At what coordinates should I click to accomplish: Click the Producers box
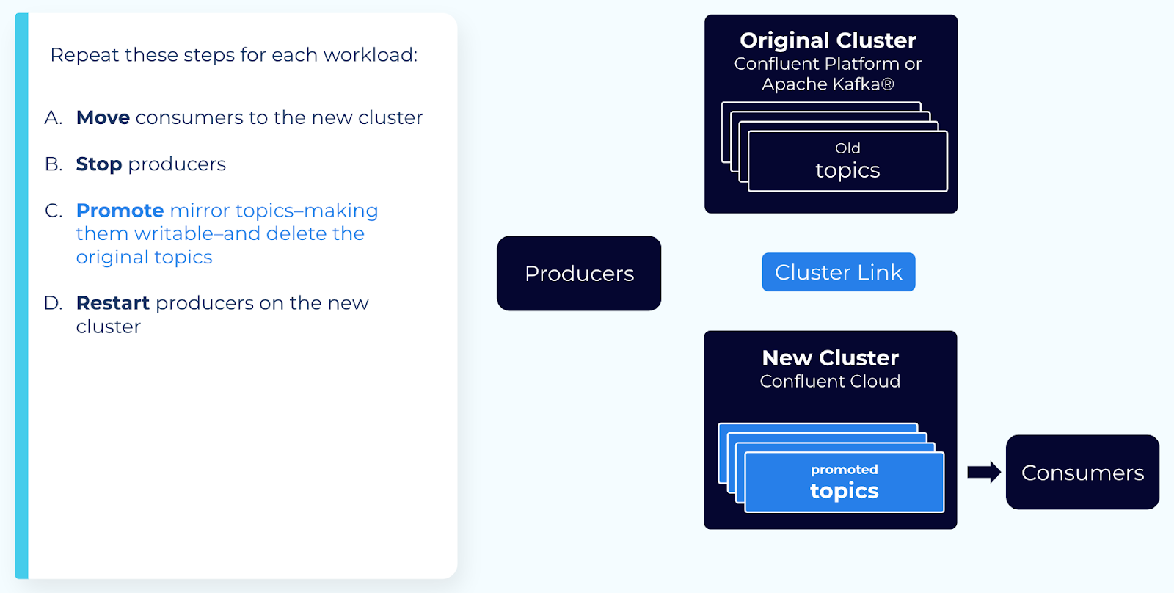[579, 273]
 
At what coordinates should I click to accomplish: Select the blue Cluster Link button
[838, 272]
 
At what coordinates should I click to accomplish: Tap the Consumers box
[1082, 473]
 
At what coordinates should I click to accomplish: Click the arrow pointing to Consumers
[983, 472]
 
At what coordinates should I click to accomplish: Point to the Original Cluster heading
[828, 40]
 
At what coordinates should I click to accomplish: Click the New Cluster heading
[830, 357]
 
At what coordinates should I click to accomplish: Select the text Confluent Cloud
[830, 382]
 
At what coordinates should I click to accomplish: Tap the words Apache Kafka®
[828, 84]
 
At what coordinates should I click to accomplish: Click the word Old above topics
[847, 148]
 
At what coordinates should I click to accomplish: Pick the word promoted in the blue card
[844, 470]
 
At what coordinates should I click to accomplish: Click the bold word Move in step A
[103, 117]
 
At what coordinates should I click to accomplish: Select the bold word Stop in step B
[98, 164]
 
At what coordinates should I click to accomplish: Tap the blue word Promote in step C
[120, 211]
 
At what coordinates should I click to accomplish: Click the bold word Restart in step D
[112, 303]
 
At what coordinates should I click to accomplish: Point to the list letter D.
[53, 303]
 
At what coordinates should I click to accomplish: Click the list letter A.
[53, 117]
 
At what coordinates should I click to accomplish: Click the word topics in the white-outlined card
[847, 170]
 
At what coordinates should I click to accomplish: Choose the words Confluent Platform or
[828, 64]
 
